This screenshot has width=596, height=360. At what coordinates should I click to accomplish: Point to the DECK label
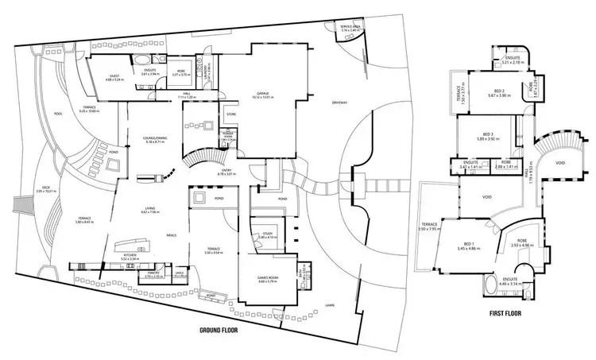36,188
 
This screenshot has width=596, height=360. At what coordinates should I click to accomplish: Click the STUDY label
267,234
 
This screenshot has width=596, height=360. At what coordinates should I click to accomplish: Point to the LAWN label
329,304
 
